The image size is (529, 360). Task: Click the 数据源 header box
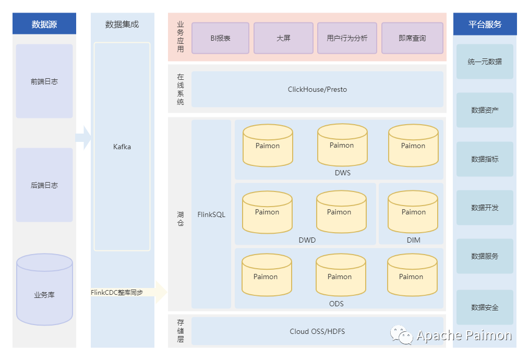pyautogui.click(x=44, y=23)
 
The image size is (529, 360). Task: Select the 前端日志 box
pyautogui.click(x=44, y=81)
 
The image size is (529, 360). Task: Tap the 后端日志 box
pyautogui.click(x=44, y=185)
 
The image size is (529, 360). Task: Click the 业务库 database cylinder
pyautogui.click(x=44, y=290)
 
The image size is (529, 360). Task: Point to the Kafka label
pyautogui.click(x=122, y=147)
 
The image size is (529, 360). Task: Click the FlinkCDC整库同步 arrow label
pyautogui.click(x=117, y=293)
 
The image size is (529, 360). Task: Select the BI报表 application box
pyautogui.click(x=220, y=38)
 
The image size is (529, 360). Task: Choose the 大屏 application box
pyautogui.click(x=283, y=38)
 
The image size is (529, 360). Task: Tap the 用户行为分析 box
pyautogui.click(x=347, y=38)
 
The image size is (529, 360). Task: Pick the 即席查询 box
pyautogui.click(x=412, y=38)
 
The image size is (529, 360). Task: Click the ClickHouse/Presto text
pyautogui.click(x=317, y=89)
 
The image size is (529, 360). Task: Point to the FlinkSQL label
pyautogui.click(x=211, y=214)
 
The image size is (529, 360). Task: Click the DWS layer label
pyautogui.click(x=343, y=173)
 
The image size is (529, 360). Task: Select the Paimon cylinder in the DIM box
pyautogui.click(x=413, y=212)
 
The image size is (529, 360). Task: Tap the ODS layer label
pyautogui.click(x=336, y=304)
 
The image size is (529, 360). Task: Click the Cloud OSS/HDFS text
pyautogui.click(x=317, y=331)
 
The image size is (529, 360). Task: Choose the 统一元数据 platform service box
pyautogui.click(x=485, y=62)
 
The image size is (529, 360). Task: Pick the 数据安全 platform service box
pyautogui.click(x=485, y=307)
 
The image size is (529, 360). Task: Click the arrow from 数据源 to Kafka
pyautogui.click(x=83, y=137)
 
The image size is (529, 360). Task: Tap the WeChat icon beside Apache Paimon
pyautogui.click(x=402, y=334)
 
